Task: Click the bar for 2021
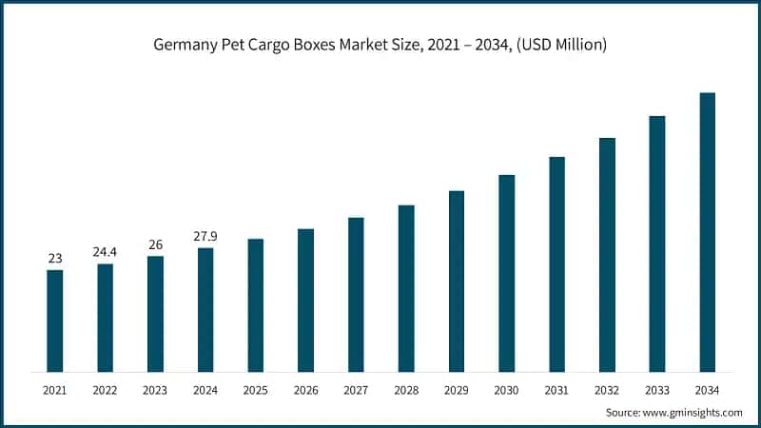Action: click(55, 321)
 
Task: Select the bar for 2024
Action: click(205, 309)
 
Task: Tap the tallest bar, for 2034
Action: click(707, 232)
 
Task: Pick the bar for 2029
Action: click(457, 281)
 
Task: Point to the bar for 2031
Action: click(556, 263)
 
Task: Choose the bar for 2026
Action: click(305, 300)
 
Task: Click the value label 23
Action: click(55, 258)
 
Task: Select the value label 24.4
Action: click(105, 252)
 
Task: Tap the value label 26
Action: click(155, 244)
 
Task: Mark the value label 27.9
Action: click(205, 236)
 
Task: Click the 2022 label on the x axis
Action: click(105, 390)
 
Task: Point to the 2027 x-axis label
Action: click(356, 390)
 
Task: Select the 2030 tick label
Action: click(506, 390)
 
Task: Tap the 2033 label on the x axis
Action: click(656, 390)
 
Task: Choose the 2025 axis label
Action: click(255, 390)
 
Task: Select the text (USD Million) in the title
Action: click(556, 45)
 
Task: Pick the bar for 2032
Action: click(607, 254)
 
